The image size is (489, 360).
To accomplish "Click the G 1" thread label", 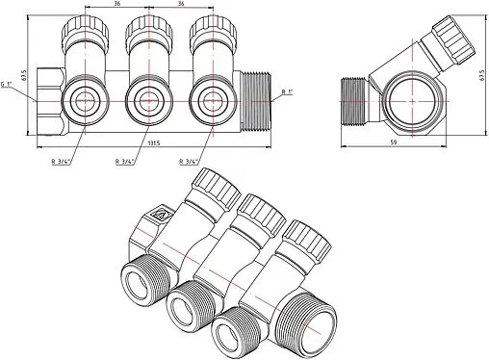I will click(8, 84).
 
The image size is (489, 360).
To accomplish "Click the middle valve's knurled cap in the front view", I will click(145, 37).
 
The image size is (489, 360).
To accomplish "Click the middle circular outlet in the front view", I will click(146, 100).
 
